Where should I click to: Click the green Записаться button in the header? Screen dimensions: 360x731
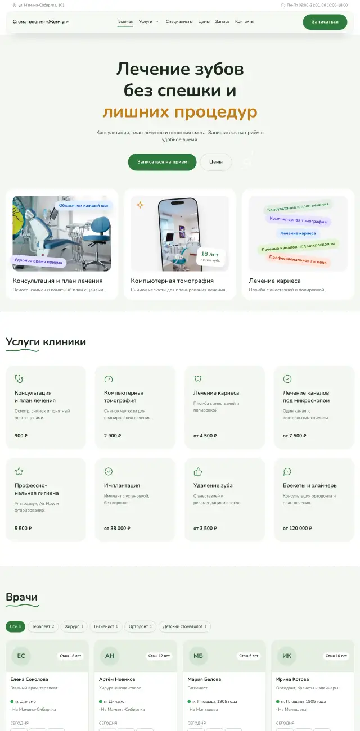click(325, 22)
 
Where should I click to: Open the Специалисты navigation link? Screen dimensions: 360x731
click(179, 21)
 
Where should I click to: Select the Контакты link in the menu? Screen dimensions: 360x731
click(245, 21)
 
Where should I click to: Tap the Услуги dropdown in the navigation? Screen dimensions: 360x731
click(148, 21)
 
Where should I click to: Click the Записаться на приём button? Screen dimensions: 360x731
click(162, 162)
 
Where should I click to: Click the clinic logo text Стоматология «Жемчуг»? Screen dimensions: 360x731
click(40, 21)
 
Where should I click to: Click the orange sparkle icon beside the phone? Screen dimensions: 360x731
click(140, 205)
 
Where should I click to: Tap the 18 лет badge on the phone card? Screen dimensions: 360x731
click(210, 256)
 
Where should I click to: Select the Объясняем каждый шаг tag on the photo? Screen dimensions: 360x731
click(84, 205)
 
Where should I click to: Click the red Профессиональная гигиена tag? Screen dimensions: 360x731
click(298, 259)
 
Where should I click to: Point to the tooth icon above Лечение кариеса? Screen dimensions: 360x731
click(198, 379)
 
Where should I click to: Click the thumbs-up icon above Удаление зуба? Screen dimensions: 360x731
click(198, 471)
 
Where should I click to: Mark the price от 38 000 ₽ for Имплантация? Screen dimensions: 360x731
click(117, 528)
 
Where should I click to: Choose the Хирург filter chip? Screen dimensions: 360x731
click(74, 626)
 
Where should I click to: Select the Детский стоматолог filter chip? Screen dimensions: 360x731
click(184, 626)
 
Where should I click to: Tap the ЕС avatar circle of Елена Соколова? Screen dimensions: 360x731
click(21, 656)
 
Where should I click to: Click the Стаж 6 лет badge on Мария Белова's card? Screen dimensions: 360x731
click(249, 656)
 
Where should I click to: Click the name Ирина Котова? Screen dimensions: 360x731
click(292, 679)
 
